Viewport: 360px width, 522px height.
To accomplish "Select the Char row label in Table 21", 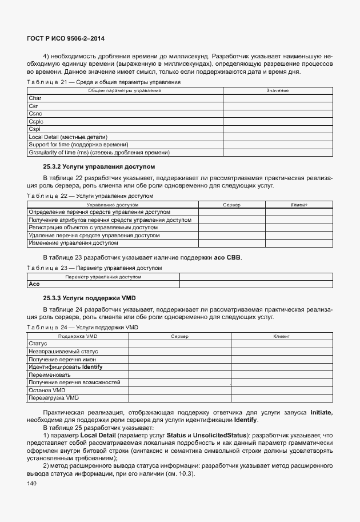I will (34, 98).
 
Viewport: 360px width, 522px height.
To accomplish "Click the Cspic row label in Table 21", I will (36, 122).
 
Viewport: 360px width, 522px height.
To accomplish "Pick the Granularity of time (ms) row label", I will (99, 153).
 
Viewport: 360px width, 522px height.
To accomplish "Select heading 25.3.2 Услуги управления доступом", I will (99, 167).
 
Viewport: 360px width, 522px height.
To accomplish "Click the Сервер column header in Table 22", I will (231, 204).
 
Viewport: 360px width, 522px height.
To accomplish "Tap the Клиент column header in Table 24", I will (282, 337).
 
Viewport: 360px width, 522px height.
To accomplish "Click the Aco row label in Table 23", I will (34, 284).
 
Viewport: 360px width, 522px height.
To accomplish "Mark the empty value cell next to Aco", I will (255, 284).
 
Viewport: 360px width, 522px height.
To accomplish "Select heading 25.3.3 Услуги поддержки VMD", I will (89, 298).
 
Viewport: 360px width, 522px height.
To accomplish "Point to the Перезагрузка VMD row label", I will (53, 397).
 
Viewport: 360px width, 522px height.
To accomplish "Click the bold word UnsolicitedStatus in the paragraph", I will (220, 435).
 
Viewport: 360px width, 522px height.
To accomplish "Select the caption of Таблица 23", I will (94, 268).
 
